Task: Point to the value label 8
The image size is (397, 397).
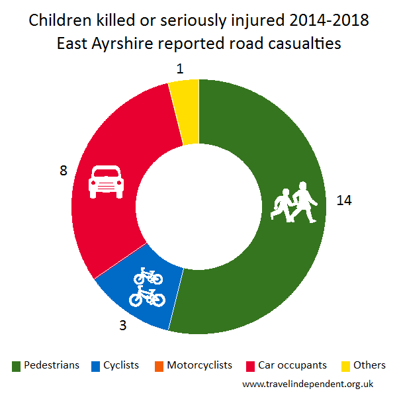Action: click(64, 171)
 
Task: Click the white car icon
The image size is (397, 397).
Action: click(108, 181)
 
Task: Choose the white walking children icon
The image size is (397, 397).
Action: click(295, 203)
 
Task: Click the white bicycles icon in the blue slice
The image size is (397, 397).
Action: click(147, 287)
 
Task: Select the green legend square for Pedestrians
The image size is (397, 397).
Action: click(17, 366)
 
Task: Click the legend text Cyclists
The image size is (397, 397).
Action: click(122, 365)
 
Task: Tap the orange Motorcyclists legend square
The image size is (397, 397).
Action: click(159, 366)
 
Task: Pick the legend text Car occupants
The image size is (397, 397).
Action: click(292, 365)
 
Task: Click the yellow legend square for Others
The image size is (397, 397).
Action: click(345, 366)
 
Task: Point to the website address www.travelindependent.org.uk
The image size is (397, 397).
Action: click(308, 384)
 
